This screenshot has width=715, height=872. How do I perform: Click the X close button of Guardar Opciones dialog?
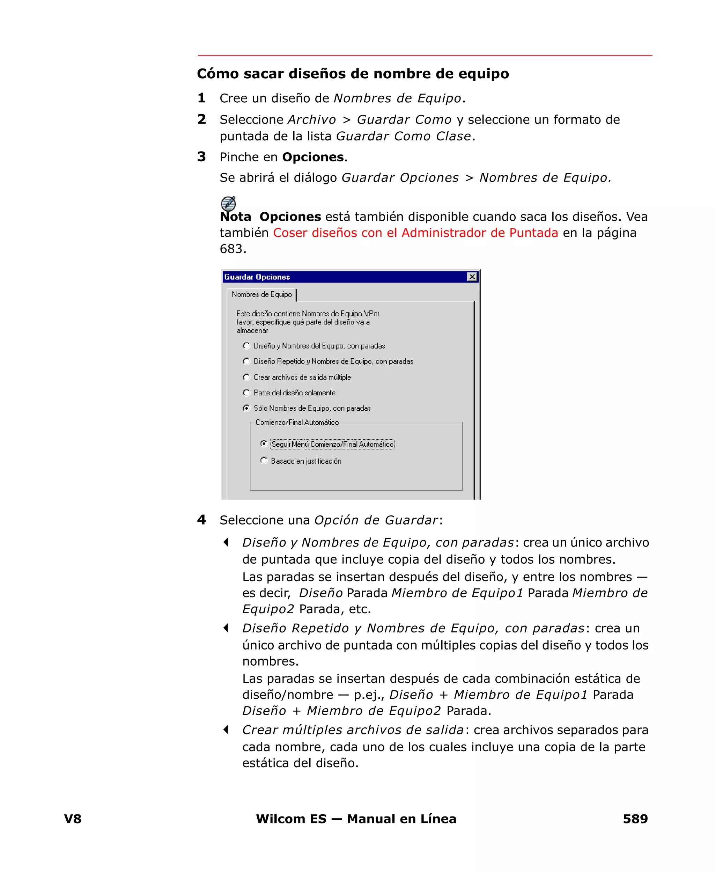pos(472,277)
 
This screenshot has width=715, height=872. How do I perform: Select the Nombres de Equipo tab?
pos(261,294)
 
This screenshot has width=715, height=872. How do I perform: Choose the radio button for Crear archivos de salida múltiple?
pos(246,377)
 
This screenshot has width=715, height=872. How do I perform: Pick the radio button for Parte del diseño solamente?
pos(246,393)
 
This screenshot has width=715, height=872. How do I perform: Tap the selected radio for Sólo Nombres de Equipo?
pos(246,408)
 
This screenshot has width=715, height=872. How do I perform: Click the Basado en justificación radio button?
pos(264,461)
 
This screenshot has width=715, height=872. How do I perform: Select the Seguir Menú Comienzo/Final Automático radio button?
pos(264,444)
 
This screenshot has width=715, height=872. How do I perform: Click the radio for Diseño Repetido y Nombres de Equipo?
pos(246,361)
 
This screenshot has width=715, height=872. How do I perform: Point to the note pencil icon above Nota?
pos(228,204)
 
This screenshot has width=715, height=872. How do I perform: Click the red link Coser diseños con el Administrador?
pos(415,233)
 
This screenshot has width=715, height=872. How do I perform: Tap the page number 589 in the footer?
pos(635,819)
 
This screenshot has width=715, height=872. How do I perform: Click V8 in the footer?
pos(73,819)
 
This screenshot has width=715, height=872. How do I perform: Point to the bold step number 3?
pos(201,157)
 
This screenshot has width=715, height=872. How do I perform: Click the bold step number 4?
pos(201,520)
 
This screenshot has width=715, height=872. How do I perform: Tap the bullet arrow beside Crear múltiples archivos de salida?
pos(226,730)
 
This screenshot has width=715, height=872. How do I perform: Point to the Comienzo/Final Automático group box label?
pos(297,422)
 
